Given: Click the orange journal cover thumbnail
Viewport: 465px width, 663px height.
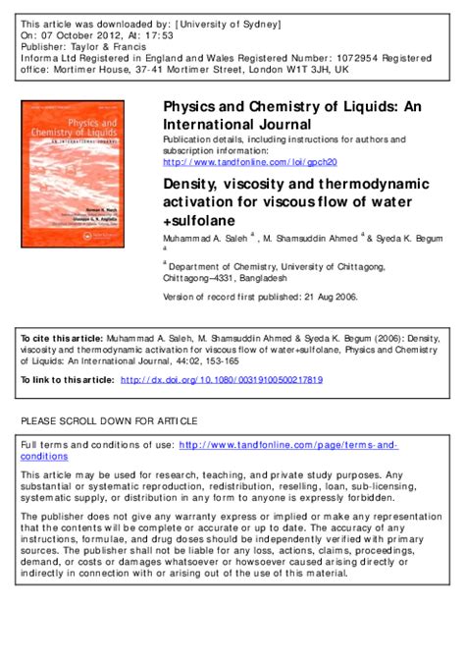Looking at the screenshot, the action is tap(80, 174).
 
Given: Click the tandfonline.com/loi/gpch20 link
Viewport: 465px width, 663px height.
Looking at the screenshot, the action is tap(249, 161).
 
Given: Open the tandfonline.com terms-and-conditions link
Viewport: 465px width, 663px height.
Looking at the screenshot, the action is tap(284, 445).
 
